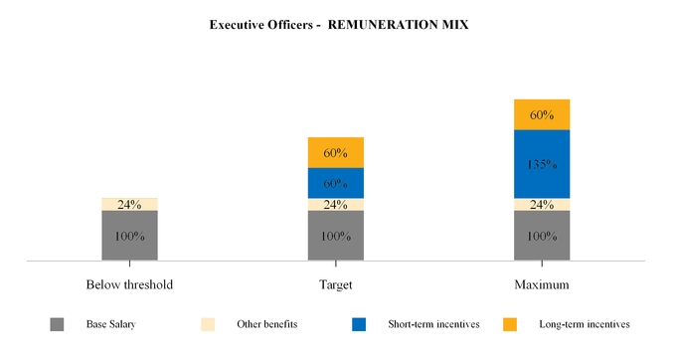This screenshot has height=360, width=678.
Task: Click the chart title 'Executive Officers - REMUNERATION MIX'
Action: [x=338, y=24]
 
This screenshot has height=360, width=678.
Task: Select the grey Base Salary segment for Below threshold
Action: [x=129, y=236]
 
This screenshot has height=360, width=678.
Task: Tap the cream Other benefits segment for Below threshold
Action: [x=129, y=204]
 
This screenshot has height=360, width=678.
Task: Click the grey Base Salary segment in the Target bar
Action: [x=336, y=236]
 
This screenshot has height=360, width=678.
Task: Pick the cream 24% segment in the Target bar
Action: [x=336, y=205]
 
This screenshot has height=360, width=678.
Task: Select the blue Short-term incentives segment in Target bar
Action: [x=336, y=183]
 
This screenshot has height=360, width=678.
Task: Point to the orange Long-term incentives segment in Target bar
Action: [x=336, y=152]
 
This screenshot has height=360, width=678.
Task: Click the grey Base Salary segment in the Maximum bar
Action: [x=542, y=236]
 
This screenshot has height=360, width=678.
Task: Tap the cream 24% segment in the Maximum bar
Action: [x=542, y=205]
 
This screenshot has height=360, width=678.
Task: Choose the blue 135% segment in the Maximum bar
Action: [x=542, y=164]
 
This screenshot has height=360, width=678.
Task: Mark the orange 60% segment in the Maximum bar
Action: [x=542, y=114]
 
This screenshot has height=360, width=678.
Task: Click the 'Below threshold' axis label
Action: [x=129, y=284]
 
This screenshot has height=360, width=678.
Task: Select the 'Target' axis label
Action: [x=336, y=284]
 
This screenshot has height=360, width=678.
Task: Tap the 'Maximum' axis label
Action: [x=542, y=284]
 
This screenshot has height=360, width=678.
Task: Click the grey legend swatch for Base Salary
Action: [x=57, y=324]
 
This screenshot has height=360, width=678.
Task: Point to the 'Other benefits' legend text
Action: [x=266, y=324]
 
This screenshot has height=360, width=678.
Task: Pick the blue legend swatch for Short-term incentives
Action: [x=359, y=324]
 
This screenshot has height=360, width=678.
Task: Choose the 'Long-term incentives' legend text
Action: [x=584, y=324]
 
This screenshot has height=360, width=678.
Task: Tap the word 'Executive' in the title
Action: [x=237, y=24]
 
